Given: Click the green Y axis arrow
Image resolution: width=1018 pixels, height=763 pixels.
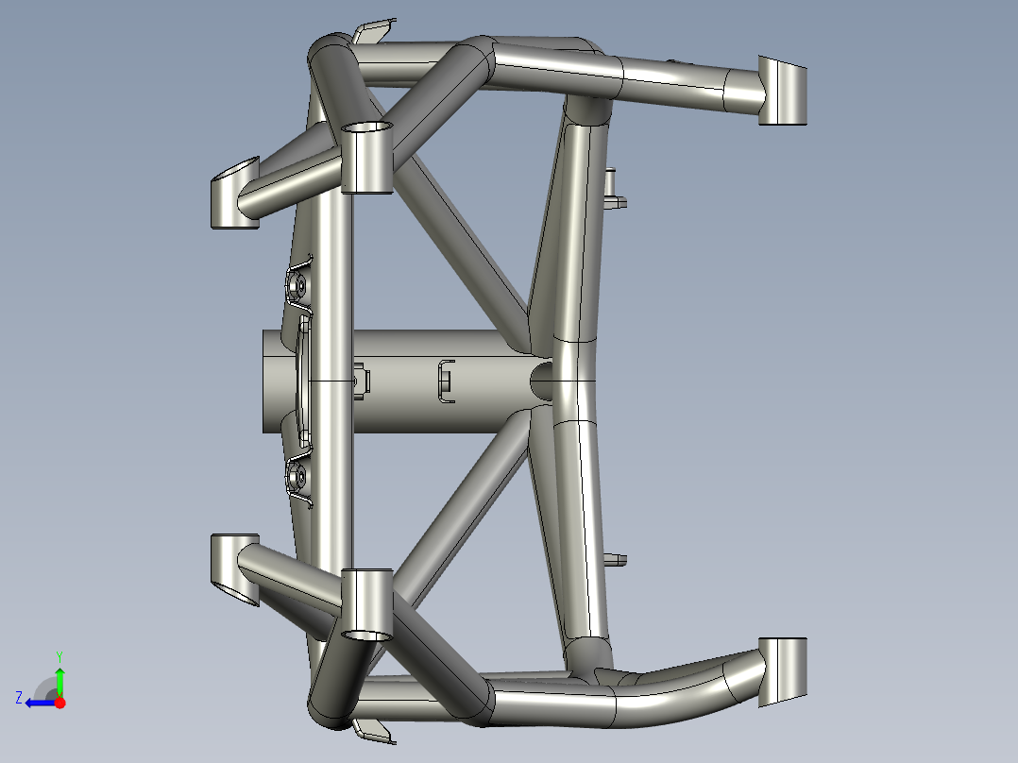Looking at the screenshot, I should (x=59, y=680).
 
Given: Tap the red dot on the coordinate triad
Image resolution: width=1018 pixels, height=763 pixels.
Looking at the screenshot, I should (x=60, y=703).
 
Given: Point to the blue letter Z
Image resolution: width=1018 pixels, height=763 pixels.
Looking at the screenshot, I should (x=19, y=697).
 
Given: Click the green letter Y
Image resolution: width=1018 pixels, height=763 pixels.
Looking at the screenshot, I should (x=59, y=655).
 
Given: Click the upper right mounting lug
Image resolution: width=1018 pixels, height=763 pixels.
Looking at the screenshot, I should (x=783, y=91).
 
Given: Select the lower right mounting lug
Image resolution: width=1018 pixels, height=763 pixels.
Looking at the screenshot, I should (x=783, y=670).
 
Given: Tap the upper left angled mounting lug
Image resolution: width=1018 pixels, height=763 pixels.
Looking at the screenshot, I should (x=231, y=194).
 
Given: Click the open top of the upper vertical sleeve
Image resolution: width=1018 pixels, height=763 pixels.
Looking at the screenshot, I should (x=366, y=127).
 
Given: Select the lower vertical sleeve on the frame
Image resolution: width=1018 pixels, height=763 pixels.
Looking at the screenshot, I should (x=366, y=605).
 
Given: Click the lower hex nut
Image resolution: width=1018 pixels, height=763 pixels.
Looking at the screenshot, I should (x=296, y=477).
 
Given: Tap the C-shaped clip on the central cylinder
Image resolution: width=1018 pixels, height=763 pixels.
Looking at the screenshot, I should (x=445, y=381).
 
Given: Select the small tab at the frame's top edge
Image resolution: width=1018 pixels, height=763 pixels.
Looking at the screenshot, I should (x=372, y=33).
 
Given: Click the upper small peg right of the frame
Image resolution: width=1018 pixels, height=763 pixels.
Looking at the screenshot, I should (x=614, y=189).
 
